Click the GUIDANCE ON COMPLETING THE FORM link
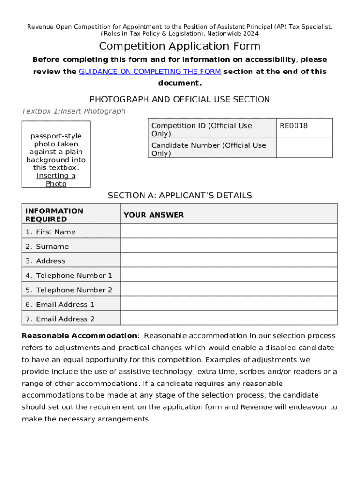150,72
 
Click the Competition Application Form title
180,46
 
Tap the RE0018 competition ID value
294,126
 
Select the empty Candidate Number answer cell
304,148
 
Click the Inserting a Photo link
56,180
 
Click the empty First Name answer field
228,231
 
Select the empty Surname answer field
228,246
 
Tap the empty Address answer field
228,260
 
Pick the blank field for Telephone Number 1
228,275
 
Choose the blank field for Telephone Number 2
228,289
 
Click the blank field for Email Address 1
228,304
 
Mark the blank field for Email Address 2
228,318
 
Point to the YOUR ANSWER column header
154,215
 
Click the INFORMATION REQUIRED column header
54,215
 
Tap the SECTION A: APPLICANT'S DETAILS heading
180,196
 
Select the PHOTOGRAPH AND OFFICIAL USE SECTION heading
180,99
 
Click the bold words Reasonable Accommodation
79,336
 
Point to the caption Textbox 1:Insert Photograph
73,111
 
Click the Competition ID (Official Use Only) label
202,130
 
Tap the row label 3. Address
45,261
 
